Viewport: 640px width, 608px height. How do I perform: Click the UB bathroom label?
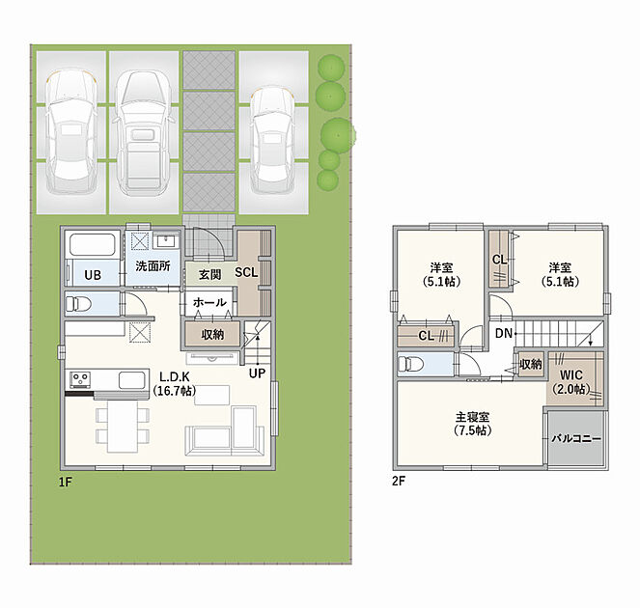tap(93, 275)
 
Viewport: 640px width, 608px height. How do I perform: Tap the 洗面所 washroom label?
tap(153, 266)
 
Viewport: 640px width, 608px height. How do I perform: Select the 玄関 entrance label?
tap(209, 274)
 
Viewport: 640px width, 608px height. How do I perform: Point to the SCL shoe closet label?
tap(246, 272)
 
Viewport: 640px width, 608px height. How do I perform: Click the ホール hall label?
tap(209, 302)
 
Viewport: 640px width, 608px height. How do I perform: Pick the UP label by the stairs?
tap(257, 373)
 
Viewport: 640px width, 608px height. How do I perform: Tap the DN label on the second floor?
tap(504, 333)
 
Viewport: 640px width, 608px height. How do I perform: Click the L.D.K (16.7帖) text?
tap(175, 383)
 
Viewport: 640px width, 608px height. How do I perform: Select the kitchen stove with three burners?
tap(80, 379)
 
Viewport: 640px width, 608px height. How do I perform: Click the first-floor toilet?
tap(77, 304)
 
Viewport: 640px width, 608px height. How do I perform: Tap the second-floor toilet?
tap(410, 364)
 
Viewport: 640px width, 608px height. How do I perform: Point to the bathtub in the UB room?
tap(93, 244)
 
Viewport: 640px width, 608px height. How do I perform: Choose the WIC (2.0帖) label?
tap(571, 382)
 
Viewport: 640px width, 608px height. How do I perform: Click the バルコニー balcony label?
tap(576, 439)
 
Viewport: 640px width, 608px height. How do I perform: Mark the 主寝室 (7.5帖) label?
tap(472, 424)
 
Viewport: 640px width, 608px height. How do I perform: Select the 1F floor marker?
tap(66, 483)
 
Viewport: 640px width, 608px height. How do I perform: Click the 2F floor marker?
tap(399, 482)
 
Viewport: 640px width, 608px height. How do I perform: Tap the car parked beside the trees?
tap(273, 140)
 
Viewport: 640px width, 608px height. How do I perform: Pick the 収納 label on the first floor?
tap(212, 335)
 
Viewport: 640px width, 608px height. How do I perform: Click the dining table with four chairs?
tap(123, 426)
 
